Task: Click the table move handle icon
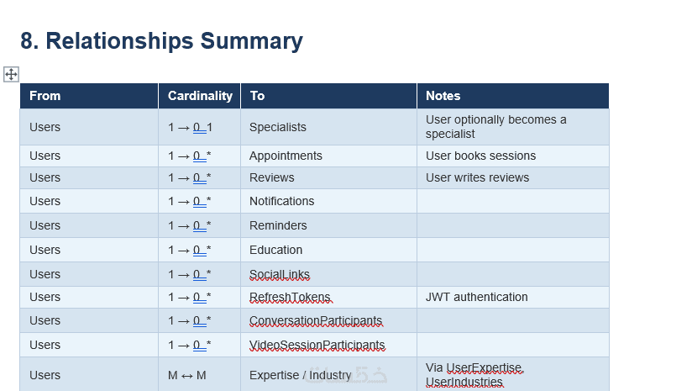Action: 11,74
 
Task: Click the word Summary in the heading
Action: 252,41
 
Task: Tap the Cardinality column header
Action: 200,96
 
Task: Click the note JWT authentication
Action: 477,297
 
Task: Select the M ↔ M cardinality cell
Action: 187,376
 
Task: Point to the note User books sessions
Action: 480,156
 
